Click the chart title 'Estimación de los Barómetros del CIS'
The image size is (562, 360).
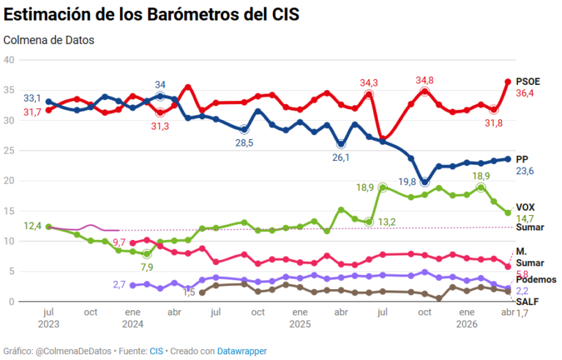coord(151,15)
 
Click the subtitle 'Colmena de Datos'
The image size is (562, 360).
coord(49,40)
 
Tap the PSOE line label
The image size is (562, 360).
coord(528,81)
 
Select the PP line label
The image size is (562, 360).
coord(522,159)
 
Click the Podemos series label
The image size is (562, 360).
coord(536,280)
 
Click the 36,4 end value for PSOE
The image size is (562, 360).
coord(525,94)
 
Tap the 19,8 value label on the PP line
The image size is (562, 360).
coord(407,181)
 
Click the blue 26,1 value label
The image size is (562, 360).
coord(342,157)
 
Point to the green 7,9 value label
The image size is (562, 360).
coord(148,266)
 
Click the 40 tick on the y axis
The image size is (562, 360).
coord(10,60)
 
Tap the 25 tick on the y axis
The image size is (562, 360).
coord(10,151)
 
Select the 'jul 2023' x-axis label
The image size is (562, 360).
coord(48,318)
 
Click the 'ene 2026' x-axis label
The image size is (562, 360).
coord(465,318)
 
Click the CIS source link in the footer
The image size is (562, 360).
coord(157,351)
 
